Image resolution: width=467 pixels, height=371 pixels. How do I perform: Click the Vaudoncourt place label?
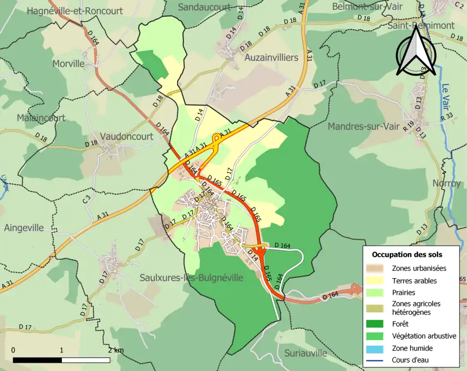point(126,137)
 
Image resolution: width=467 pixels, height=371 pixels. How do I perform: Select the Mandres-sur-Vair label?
point(364,126)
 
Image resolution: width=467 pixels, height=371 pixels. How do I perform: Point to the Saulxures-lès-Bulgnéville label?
point(191,278)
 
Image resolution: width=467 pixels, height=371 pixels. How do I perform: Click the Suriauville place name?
point(306,353)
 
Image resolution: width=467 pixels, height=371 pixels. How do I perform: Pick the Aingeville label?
point(24,228)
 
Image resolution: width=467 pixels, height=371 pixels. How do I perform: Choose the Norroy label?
point(446,183)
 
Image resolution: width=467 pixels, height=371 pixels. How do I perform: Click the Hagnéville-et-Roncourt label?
point(75,11)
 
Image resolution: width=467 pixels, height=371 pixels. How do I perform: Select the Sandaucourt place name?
point(204,7)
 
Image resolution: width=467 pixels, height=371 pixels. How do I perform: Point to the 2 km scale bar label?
point(115,350)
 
